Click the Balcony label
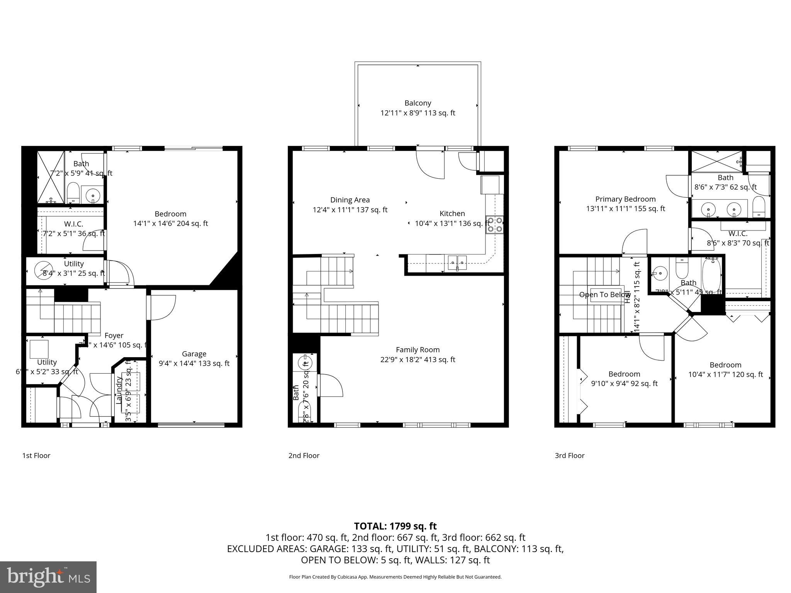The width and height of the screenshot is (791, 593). pos(418,103)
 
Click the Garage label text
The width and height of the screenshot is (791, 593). pos(194,354)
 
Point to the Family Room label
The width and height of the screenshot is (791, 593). pos(418,350)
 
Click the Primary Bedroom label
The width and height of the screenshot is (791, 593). pos(625,199)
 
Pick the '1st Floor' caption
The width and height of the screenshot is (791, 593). pos(36,456)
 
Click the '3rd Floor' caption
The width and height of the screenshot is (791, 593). pos(570,456)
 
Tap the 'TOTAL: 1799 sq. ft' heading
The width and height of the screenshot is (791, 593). pos(395,526)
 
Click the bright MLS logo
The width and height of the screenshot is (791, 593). pos(48,577)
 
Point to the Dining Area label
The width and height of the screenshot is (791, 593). pos(350,200)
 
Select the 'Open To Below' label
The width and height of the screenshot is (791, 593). pos(605,295)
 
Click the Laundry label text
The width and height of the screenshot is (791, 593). pos(119,390)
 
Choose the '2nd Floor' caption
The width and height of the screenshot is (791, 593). pos(304,456)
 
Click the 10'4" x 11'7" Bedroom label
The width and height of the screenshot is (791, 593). pos(725,365)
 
